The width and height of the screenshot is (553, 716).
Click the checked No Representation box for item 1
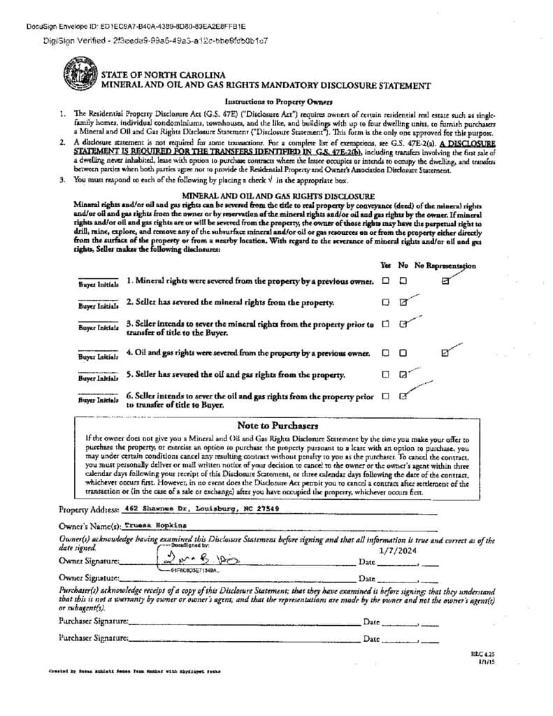(445, 281)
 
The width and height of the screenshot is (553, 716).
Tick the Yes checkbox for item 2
(385, 303)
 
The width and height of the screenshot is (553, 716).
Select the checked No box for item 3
(403, 324)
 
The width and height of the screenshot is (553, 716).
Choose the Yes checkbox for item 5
(385, 374)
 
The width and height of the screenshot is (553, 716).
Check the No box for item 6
(403, 396)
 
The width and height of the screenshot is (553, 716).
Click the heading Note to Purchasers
(278, 425)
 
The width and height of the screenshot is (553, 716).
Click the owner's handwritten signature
(188, 560)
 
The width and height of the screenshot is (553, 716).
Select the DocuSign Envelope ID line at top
(116, 27)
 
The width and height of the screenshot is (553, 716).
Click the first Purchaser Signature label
(94, 621)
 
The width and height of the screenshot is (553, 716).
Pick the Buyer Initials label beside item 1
(98, 285)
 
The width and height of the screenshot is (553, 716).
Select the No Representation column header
(445, 266)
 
